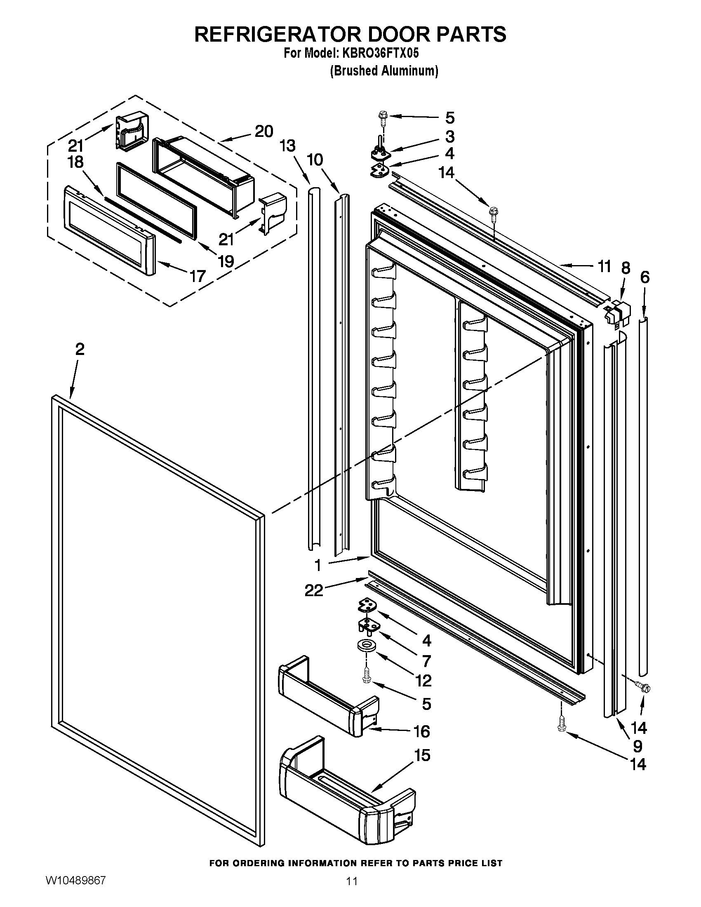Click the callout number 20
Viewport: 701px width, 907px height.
(264, 132)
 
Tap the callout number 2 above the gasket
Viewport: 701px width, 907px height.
(80, 349)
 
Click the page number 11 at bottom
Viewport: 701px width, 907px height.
(352, 890)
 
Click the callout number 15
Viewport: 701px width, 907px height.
(422, 755)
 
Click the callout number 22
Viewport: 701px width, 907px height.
(314, 590)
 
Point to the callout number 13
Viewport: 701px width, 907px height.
(287, 146)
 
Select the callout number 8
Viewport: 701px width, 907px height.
(626, 268)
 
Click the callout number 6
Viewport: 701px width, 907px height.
(645, 277)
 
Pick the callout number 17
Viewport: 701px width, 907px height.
(198, 276)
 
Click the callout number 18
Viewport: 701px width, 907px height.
(75, 162)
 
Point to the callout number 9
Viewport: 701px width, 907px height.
(637, 746)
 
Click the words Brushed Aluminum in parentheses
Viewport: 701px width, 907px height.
(384, 71)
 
